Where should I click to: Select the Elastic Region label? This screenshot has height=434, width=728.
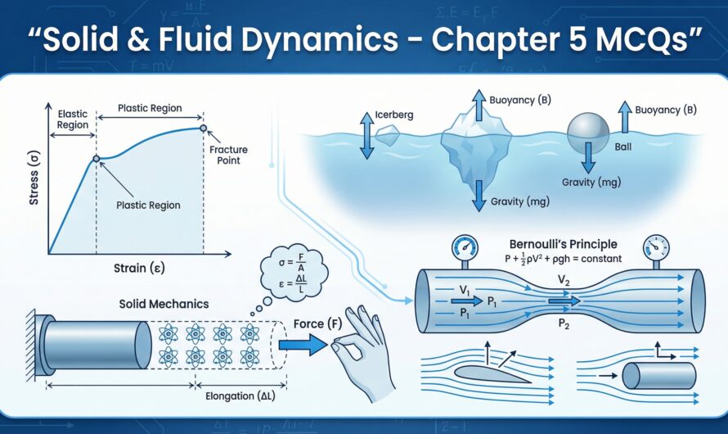point(73,120)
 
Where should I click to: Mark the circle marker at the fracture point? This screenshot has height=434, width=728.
point(204,128)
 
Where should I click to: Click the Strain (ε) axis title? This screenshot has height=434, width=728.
point(143,268)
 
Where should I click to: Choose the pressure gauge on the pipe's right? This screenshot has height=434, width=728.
point(655,246)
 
